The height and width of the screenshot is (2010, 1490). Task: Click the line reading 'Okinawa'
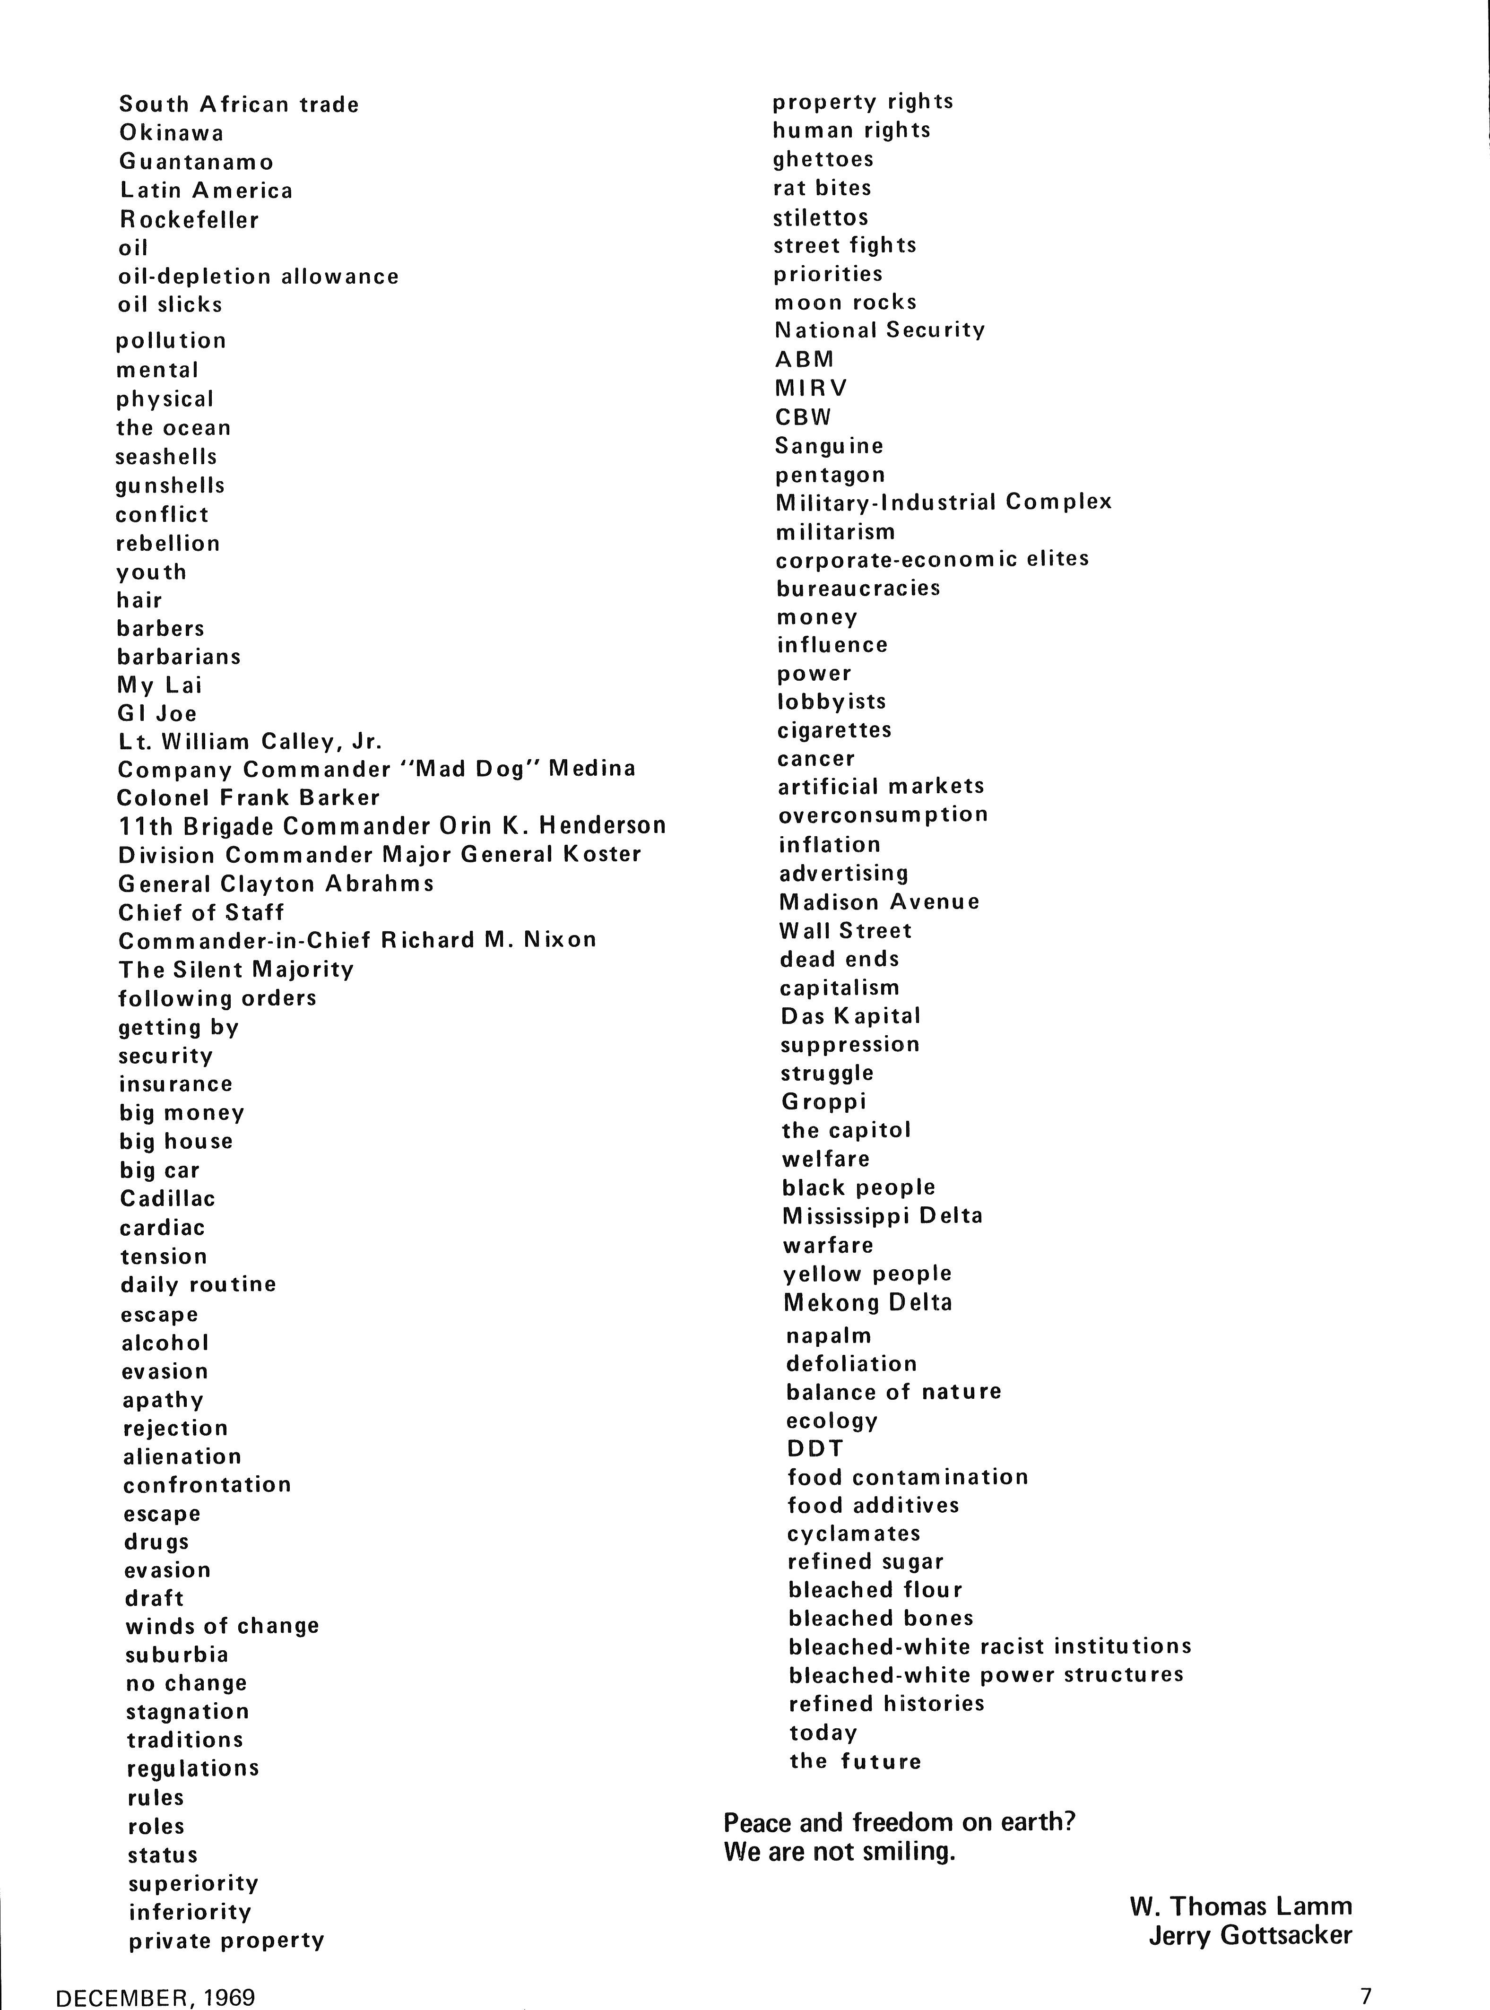pyautogui.click(x=172, y=133)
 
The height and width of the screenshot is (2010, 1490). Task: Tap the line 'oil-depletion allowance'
pyautogui.click(x=258, y=277)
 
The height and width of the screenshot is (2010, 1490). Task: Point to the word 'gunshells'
pyautogui.click(x=170, y=486)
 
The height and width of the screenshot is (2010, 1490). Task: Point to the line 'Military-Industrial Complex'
pyautogui.click(x=944, y=502)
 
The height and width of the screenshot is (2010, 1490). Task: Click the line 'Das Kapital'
pyautogui.click(x=850, y=1016)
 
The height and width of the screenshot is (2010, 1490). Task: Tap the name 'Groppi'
pyautogui.click(x=823, y=1102)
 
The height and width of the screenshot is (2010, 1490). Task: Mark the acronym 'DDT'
pyautogui.click(x=815, y=1449)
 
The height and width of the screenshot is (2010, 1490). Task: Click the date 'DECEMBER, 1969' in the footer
pyautogui.click(x=155, y=1996)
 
